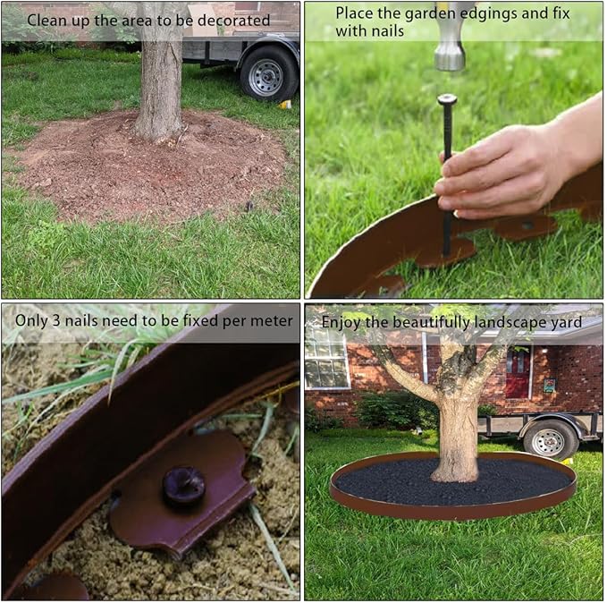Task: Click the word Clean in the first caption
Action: point(46,20)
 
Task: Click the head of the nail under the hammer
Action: point(447,100)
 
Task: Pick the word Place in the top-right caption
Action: point(355,13)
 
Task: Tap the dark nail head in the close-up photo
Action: point(183,486)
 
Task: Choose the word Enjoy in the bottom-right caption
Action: point(341,321)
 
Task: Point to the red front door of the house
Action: point(518,373)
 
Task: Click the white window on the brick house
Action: point(327,359)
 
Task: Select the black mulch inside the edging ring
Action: point(384,482)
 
